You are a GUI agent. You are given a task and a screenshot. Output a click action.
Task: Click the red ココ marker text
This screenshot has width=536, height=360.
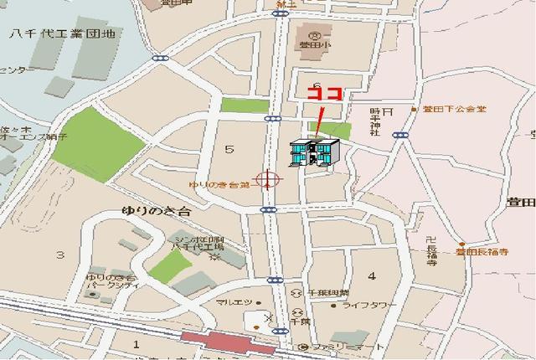[x=324, y=94]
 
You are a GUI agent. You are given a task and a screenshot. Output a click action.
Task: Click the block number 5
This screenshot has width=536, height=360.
[x=228, y=149]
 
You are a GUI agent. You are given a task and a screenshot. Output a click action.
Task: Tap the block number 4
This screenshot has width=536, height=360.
[x=371, y=275]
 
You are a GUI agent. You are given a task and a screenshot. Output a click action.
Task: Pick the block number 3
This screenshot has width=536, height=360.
[x=59, y=254]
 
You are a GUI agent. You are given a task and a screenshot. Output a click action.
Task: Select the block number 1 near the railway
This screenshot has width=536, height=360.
[x=136, y=343]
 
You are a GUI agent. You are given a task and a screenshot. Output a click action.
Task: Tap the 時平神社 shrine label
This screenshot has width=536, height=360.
[x=375, y=122]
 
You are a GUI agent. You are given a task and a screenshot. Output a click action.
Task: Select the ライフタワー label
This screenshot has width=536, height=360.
[x=369, y=306]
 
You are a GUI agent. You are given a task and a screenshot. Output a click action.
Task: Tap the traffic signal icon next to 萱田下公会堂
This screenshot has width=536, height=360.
[x=402, y=134]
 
